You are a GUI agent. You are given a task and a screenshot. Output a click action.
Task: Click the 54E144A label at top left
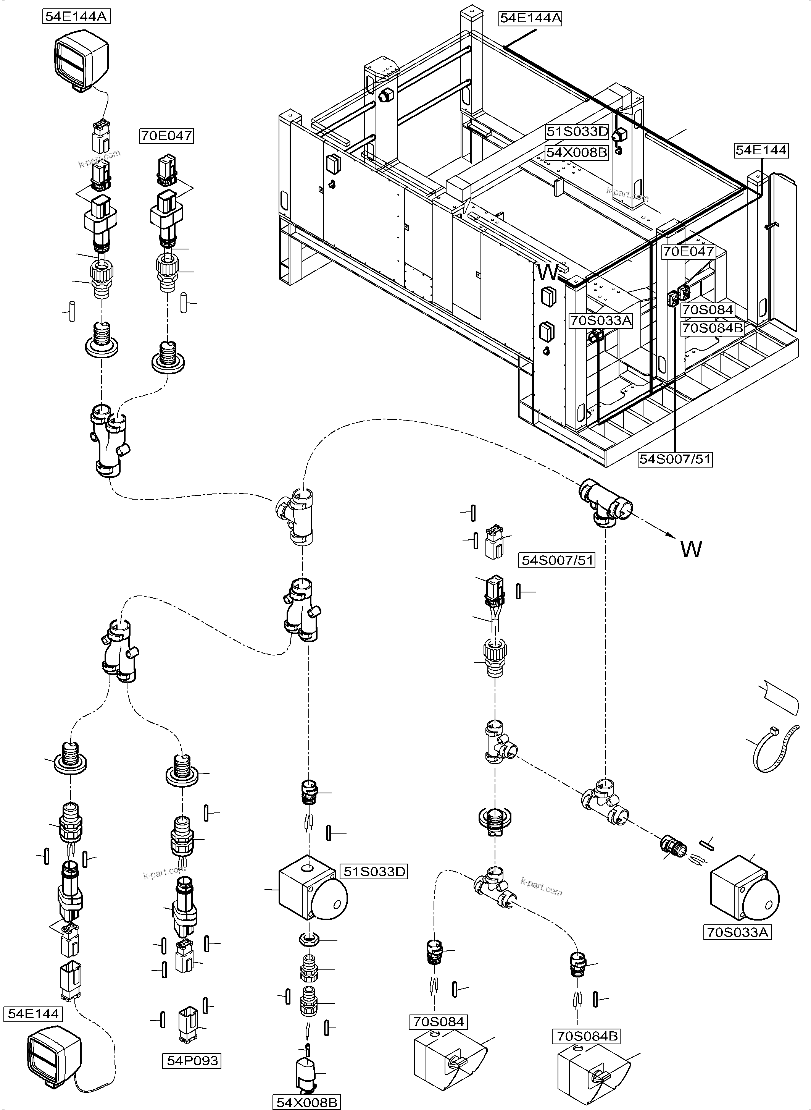coord(76,16)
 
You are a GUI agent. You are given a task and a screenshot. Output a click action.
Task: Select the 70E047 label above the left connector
coord(166,136)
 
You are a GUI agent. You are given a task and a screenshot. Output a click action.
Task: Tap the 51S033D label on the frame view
coord(577,132)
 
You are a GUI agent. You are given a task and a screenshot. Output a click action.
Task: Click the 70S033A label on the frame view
coord(600,321)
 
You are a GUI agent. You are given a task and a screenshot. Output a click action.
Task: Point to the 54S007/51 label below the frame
coord(675,459)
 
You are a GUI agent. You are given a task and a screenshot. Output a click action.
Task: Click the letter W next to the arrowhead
coord(691,549)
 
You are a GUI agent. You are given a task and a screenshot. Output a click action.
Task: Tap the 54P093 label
coord(192,1060)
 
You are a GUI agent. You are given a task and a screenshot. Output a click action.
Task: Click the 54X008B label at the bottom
coord(307,1102)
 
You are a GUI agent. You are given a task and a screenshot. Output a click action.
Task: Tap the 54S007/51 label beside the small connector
coord(557,560)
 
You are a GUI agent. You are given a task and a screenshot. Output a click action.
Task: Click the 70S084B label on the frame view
coord(712,328)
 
